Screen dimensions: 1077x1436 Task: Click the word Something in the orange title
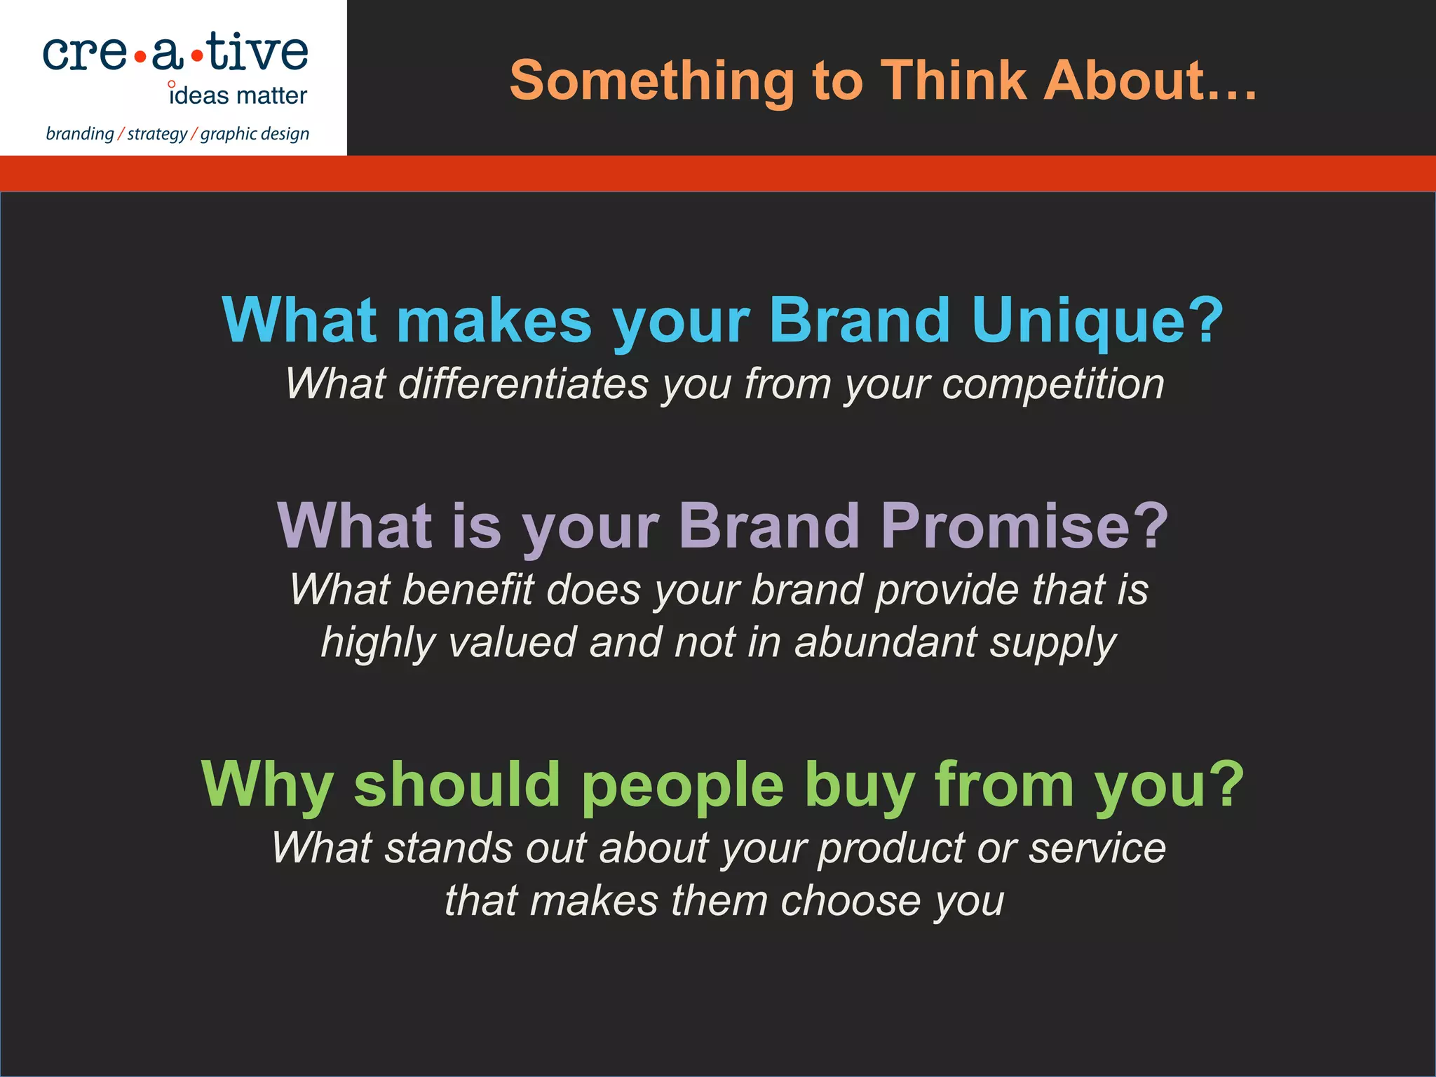[x=652, y=81]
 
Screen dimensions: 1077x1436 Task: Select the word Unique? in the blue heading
[x=1097, y=321]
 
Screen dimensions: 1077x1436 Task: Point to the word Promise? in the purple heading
[x=1024, y=527]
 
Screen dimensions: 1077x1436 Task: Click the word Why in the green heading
[x=267, y=786]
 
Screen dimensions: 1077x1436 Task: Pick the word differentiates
[x=523, y=384]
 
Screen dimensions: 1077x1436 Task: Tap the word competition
[x=1052, y=384]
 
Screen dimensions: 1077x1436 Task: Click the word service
[x=1097, y=848]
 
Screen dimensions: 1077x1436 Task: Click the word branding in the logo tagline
[x=80, y=134]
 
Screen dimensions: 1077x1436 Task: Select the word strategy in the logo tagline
[x=157, y=134]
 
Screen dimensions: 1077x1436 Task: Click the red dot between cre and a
[x=140, y=56]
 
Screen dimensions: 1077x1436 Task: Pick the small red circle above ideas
[x=172, y=85]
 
